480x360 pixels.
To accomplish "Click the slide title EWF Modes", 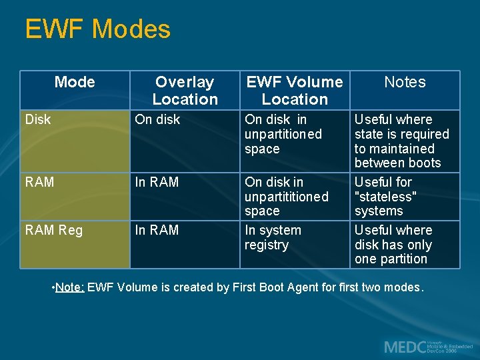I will (97, 29).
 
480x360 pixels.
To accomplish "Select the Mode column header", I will (75, 82).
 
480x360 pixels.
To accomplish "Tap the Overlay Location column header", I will (185, 91).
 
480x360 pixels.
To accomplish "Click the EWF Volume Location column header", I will (295, 91).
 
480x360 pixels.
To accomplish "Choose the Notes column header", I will (405, 82).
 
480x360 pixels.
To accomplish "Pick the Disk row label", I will (38, 120).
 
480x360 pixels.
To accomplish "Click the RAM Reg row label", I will (54, 230).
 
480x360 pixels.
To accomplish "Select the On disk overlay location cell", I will (157, 120).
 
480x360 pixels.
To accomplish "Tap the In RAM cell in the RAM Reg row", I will (157, 230).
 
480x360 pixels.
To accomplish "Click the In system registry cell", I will (273, 237).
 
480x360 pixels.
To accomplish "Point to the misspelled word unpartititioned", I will (287, 197).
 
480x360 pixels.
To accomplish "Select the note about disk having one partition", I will (393, 245).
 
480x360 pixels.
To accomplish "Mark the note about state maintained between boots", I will (401, 141).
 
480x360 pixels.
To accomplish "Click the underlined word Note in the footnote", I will (70, 287).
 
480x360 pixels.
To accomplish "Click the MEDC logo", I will (427, 347).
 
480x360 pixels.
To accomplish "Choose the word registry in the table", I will (267, 245).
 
